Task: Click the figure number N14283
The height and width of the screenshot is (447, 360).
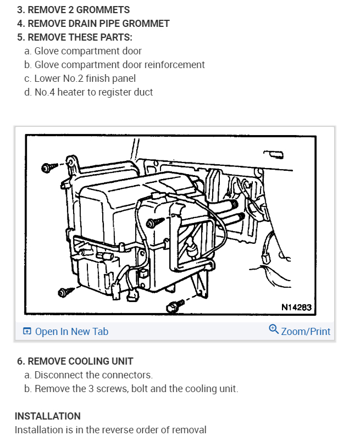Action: tap(296, 308)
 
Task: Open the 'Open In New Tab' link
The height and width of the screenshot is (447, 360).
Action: tap(71, 331)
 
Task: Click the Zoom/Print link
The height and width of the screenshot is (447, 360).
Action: tap(306, 331)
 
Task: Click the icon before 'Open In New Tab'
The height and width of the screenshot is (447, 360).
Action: tap(27, 331)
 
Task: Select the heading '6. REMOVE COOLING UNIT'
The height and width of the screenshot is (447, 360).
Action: tap(75, 361)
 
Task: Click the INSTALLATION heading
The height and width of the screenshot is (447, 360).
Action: tap(48, 416)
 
